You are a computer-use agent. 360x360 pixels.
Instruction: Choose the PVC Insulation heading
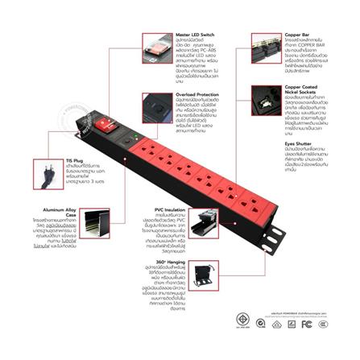point(169,208)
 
